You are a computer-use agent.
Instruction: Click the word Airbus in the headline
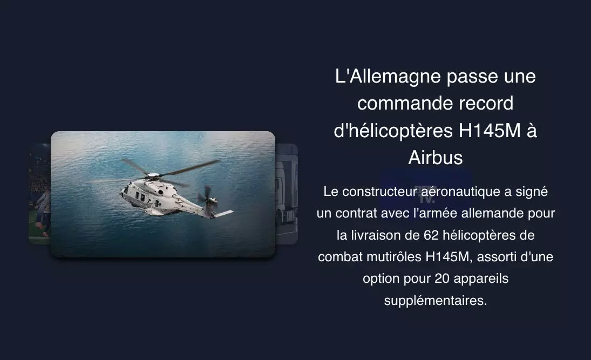point(436,158)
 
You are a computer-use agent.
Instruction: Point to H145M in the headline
point(490,131)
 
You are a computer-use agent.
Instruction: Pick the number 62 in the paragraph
point(431,235)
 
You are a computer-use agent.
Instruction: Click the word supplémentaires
point(436,301)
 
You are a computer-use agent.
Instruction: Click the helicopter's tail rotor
point(207,196)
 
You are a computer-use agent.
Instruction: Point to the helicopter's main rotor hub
point(153,175)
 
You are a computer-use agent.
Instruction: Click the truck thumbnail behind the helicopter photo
point(287,194)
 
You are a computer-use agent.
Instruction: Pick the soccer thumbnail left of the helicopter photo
point(39,194)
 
